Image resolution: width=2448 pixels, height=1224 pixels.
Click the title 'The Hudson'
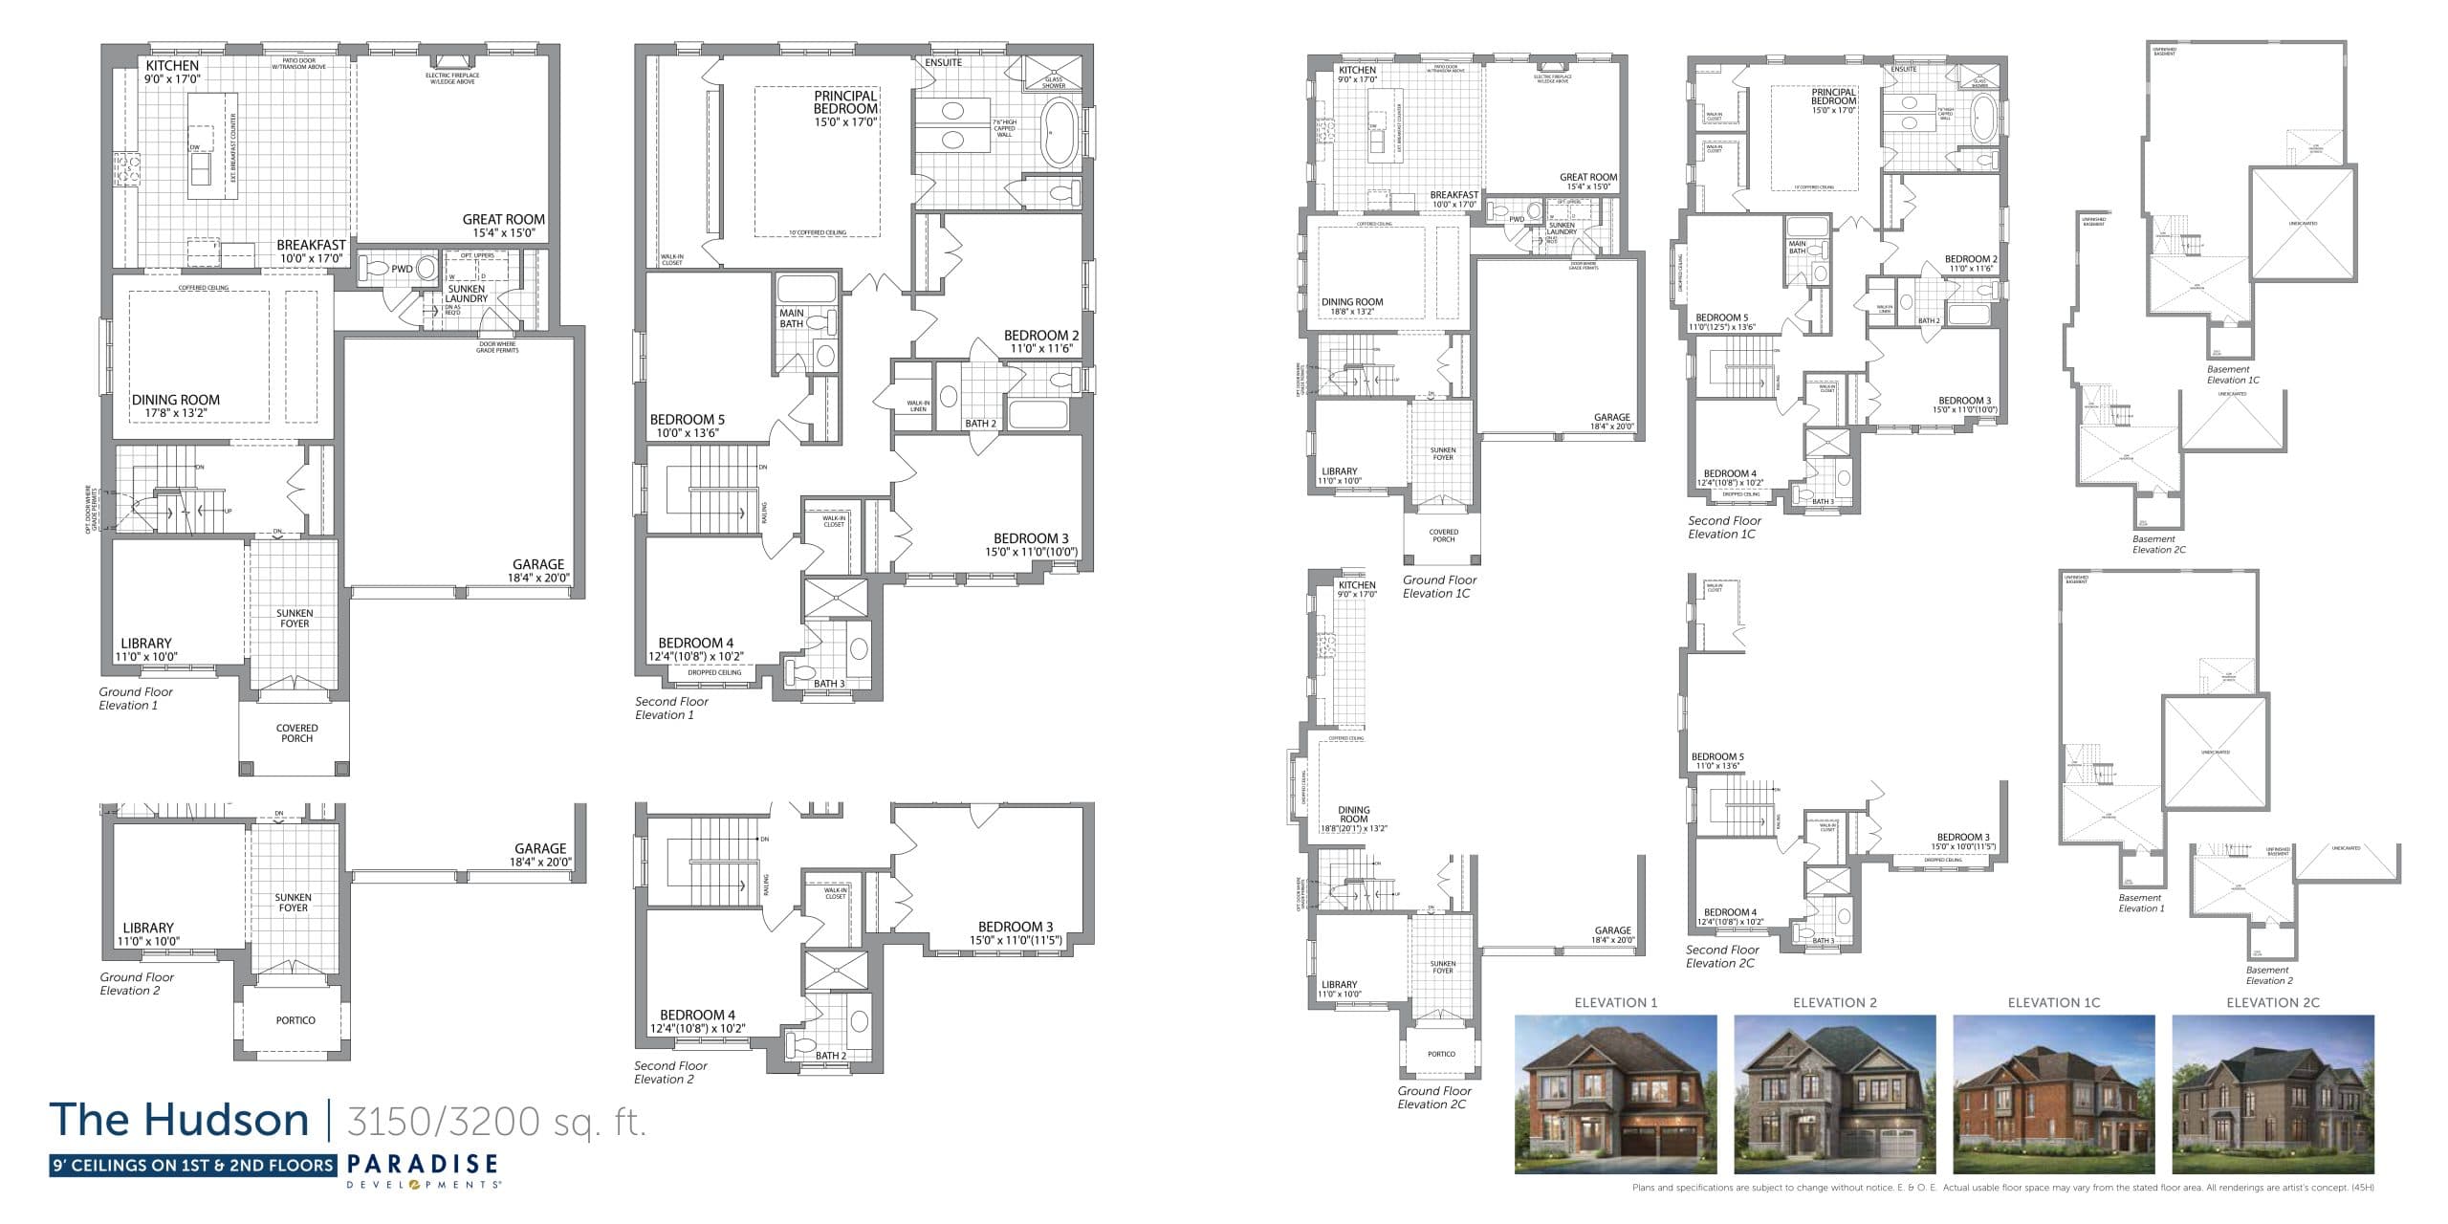point(179,1120)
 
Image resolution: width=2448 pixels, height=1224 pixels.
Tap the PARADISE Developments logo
point(423,1169)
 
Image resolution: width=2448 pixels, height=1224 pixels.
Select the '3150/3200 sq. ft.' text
point(496,1121)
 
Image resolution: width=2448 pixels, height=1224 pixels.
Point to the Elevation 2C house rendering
point(2273,1095)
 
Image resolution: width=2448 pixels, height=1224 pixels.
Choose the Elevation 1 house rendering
point(1615,1095)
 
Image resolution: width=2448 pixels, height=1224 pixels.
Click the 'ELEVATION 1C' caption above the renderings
point(2054,1003)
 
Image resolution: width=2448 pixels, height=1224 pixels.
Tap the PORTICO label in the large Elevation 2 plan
point(295,1020)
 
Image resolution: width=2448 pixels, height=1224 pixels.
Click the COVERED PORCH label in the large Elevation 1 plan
point(296,733)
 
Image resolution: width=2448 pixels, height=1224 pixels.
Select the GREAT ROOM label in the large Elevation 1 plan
point(504,226)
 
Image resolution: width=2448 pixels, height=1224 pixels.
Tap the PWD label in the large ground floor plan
point(402,270)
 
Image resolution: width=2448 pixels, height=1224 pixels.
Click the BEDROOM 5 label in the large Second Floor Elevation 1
point(687,426)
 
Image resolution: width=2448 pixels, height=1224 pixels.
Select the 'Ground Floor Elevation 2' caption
point(137,984)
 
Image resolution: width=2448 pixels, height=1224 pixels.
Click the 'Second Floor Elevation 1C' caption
point(1723,528)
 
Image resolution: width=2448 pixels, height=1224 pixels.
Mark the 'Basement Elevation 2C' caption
point(2158,544)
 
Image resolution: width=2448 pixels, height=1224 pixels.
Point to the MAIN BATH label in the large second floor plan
point(792,318)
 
